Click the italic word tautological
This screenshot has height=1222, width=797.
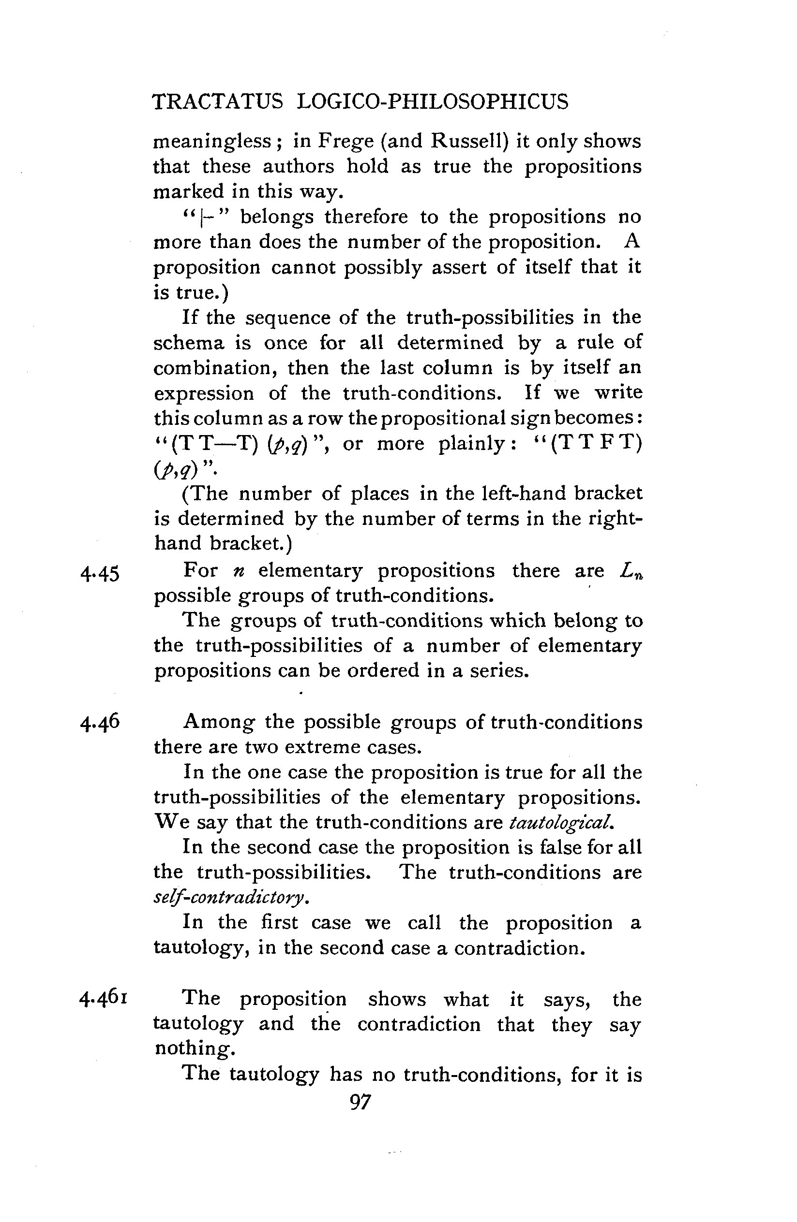click(x=561, y=823)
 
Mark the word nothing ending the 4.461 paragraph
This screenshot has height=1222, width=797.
click(x=194, y=1048)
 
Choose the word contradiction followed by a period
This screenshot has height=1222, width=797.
click(x=519, y=947)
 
